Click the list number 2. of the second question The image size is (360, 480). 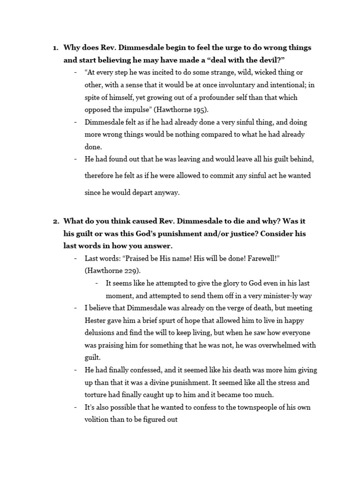[55, 221]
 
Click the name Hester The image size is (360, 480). [96, 321]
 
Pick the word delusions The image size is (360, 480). [102, 333]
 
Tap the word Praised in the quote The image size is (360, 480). [137, 259]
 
